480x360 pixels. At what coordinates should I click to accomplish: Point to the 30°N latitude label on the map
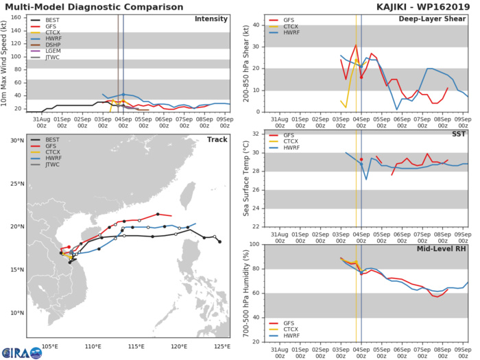point(14,141)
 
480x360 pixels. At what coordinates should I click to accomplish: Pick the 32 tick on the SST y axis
point(257,134)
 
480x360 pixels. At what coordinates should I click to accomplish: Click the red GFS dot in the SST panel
point(361,159)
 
